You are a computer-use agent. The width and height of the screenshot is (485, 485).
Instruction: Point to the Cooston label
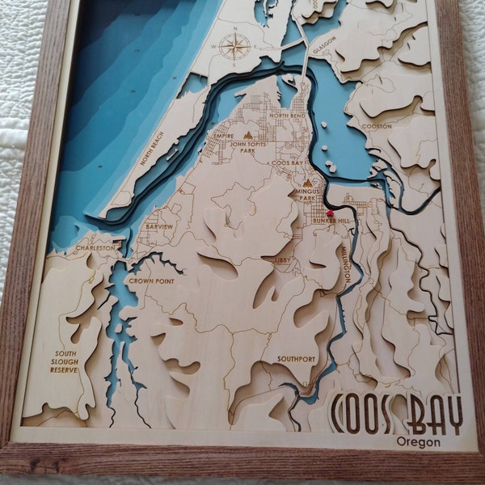(x=376, y=126)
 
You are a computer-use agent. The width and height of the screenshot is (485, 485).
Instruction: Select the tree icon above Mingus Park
(x=308, y=183)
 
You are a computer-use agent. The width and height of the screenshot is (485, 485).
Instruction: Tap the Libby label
(x=281, y=259)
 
